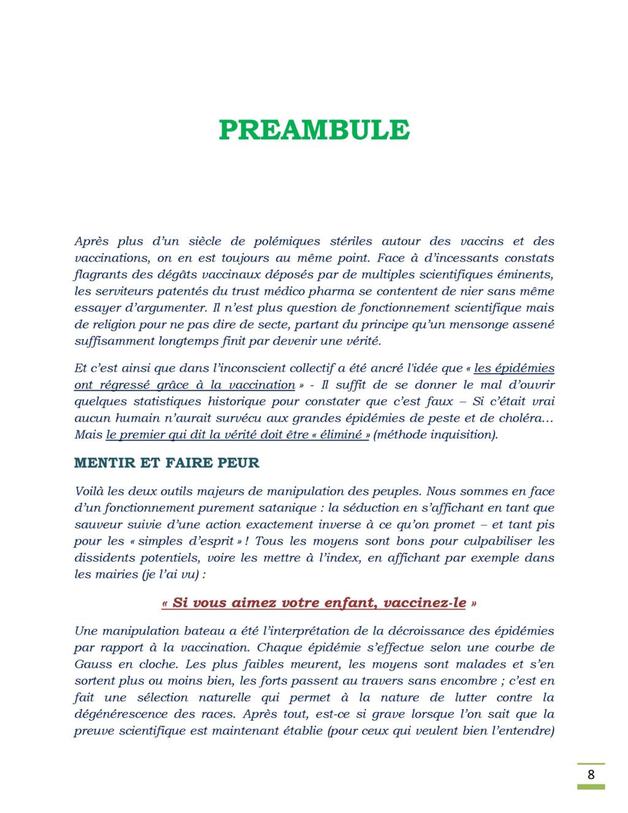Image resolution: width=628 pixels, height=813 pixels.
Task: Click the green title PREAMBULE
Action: point(314,129)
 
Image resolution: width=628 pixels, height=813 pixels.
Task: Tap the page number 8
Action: point(591,775)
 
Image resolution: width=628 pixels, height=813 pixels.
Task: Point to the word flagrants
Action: point(98,274)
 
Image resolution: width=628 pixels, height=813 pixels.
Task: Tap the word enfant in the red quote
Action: point(350,603)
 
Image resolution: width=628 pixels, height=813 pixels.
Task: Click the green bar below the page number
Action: point(591,787)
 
